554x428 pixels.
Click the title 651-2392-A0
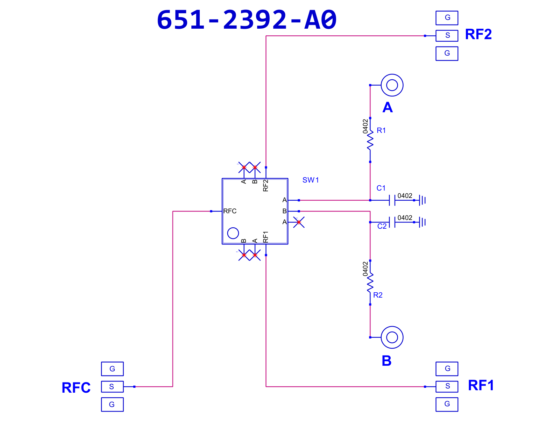247,20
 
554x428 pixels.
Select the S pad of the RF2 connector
447,36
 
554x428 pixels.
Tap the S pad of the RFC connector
112,386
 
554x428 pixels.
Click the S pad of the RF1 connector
447,386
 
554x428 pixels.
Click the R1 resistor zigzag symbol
370,140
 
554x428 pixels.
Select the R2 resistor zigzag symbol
370,283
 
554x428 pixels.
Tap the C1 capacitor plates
392,200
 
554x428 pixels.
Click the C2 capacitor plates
392,222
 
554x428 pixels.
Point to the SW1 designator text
310,180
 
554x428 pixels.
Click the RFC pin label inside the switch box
230,211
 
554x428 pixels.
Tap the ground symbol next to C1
422,200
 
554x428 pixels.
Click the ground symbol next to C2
422,222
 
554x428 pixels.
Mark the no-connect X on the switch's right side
299,222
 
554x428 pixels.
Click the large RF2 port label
478,34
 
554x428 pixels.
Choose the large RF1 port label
481,385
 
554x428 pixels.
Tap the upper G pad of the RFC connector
112,369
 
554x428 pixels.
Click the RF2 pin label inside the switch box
265,185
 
